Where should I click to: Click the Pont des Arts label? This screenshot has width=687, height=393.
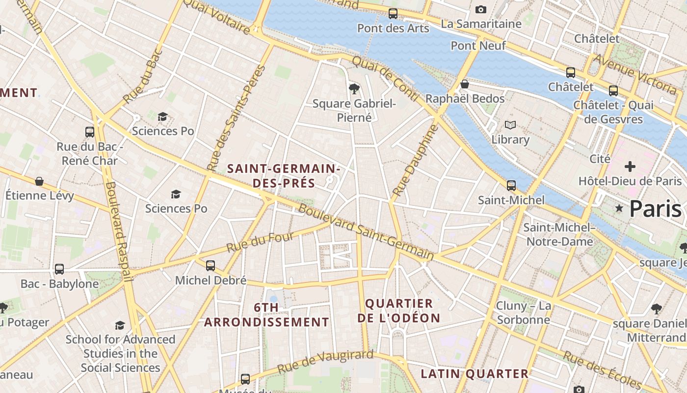393,28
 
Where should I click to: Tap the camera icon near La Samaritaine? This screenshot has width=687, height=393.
481,9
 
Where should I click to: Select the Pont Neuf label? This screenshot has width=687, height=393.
478,46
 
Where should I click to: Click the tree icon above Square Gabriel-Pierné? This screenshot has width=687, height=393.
354,88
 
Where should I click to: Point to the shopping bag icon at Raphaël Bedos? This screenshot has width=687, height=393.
464,84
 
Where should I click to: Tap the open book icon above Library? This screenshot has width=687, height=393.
510,125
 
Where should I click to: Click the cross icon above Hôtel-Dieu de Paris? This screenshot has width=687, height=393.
630,167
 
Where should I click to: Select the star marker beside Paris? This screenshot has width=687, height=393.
619,209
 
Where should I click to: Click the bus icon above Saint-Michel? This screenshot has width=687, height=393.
511,186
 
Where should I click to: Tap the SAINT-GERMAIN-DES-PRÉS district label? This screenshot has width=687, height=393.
284,176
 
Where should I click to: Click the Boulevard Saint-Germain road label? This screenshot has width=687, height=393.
366,232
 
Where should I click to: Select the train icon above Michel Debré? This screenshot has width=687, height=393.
211,266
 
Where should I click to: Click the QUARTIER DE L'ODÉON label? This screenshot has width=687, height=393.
398,310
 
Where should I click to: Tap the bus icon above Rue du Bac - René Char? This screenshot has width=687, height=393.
90,132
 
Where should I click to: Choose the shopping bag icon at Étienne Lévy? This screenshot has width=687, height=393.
39,181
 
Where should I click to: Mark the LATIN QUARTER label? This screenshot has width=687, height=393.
474,374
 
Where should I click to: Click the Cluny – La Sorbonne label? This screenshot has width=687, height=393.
523,313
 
